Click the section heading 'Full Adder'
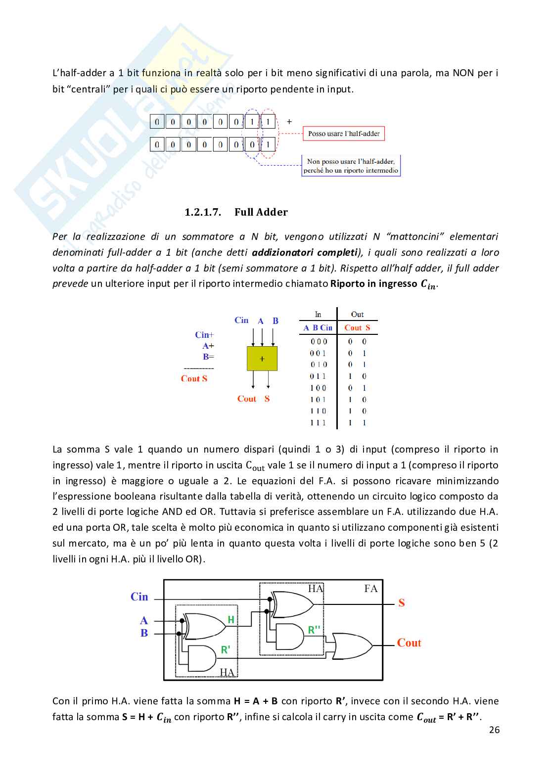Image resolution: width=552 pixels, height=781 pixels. click(x=261, y=212)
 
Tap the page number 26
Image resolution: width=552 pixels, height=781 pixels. click(x=494, y=730)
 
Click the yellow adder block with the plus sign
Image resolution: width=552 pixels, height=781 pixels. click(x=262, y=359)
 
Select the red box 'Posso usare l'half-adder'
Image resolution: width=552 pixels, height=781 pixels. click(x=344, y=134)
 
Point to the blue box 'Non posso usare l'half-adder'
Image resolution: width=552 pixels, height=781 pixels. click(x=351, y=166)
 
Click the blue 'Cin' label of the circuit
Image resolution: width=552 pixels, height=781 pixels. click(x=139, y=597)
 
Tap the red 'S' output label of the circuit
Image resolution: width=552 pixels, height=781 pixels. click(x=402, y=603)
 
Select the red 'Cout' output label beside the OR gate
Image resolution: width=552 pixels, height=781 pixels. click(x=409, y=643)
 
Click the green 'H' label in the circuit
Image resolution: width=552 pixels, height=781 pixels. click(x=231, y=619)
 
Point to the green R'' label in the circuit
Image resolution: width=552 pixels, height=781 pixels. click(x=314, y=630)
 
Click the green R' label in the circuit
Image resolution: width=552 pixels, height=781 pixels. click(x=226, y=650)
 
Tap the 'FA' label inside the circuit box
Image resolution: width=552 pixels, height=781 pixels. click(x=371, y=589)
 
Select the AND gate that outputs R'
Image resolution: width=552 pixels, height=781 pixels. click(x=202, y=658)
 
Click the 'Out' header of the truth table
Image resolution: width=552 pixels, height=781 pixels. click(x=357, y=315)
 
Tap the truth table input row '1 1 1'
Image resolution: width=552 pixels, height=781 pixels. click(x=318, y=423)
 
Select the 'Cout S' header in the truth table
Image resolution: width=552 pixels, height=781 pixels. click(x=357, y=328)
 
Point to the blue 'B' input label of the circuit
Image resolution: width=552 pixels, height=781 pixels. click(x=144, y=633)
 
